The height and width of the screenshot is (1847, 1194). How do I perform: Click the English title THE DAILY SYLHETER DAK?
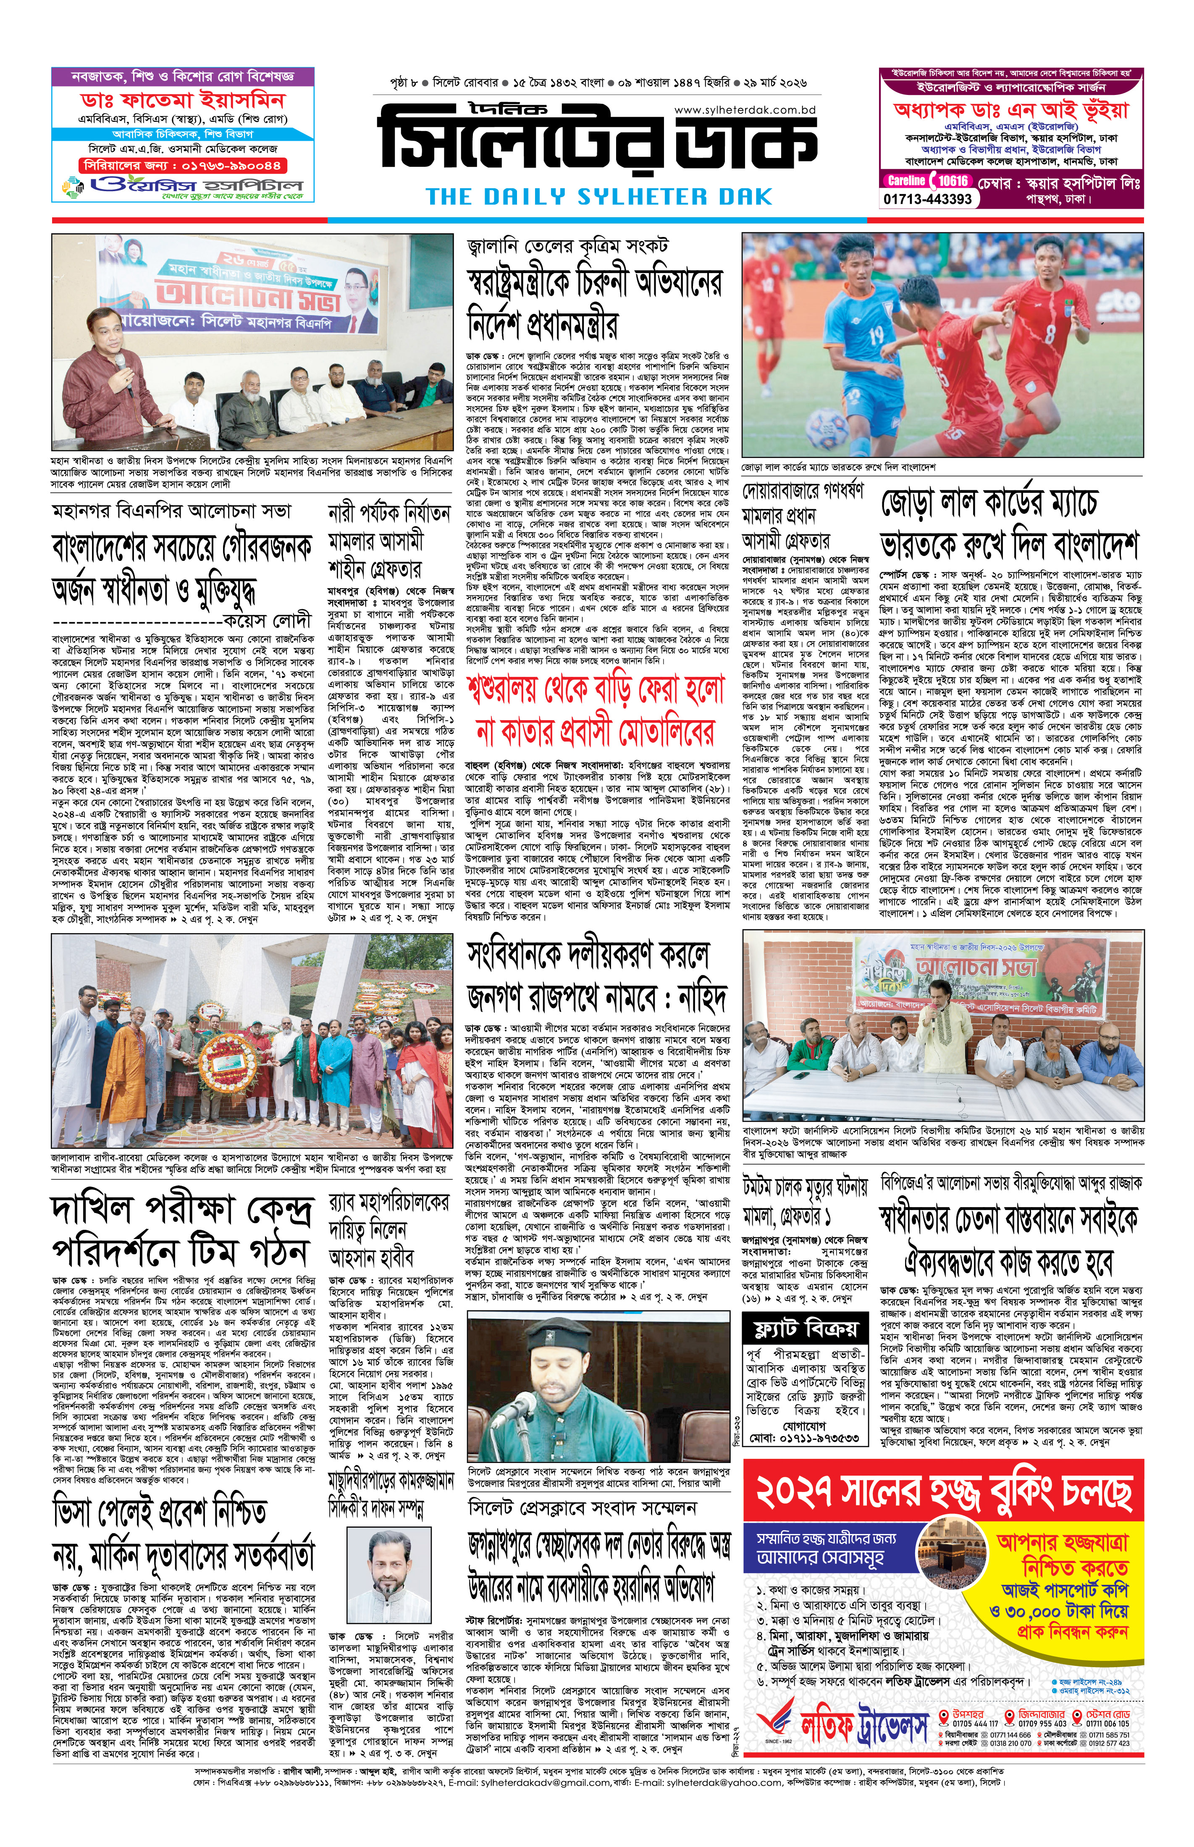click(599, 196)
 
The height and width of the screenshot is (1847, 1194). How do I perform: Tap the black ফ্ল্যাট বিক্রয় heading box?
click(806, 1329)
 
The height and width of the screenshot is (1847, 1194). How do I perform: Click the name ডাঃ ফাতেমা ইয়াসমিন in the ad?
click(183, 101)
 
